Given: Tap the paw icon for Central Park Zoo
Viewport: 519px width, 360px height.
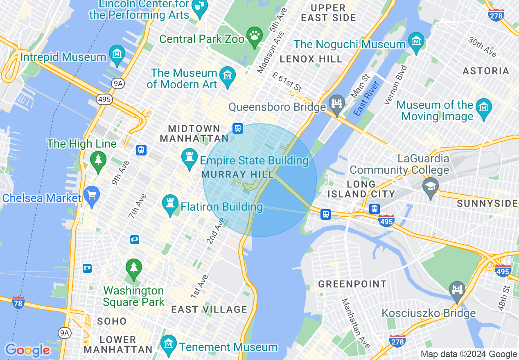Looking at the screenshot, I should point(255,36).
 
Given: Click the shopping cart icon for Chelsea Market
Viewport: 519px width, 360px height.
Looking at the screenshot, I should point(92,195).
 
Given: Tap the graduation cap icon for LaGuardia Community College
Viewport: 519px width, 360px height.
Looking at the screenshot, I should point(430,186).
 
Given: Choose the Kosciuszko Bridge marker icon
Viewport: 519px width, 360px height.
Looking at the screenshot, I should point(457,290).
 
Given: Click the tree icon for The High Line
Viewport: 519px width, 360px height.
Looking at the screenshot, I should point(98,160).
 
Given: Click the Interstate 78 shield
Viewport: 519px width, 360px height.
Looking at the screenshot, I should point(18,302).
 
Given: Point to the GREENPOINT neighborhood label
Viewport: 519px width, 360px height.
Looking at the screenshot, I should point(352,284).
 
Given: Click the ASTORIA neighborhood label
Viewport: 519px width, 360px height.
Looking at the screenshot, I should point(486,71).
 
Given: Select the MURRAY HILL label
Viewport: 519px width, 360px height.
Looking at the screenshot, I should point(238,175).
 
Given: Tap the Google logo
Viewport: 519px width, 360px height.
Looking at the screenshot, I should point(27,350).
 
